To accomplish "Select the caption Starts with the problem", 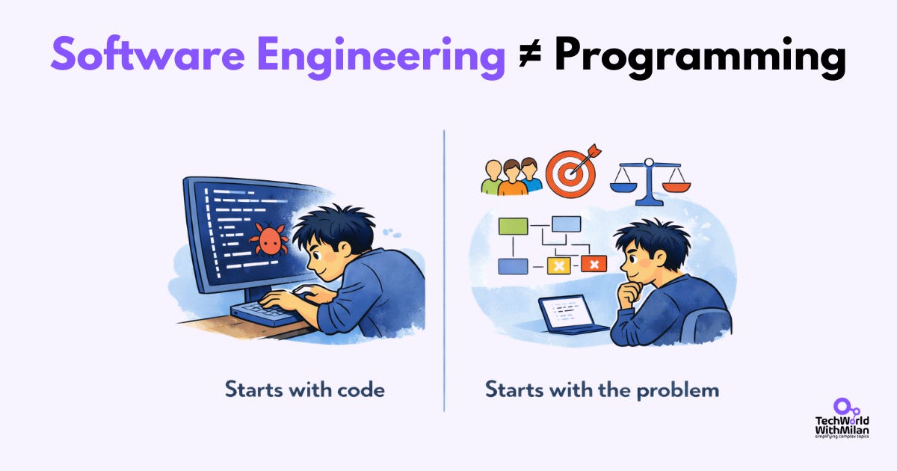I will [x=602, y=390].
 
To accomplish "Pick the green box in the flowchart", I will [x=513, y=225].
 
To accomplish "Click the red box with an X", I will [x=594, y=264].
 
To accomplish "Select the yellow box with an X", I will [x=558, y=265].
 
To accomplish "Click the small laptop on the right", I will [x=568, y=315].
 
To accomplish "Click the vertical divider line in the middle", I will [x=445, y=269].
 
